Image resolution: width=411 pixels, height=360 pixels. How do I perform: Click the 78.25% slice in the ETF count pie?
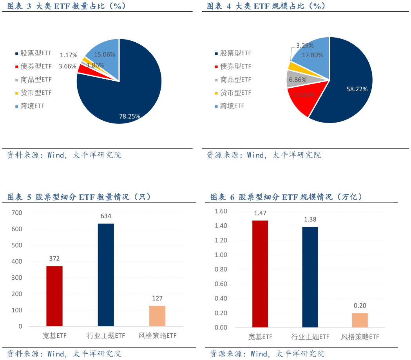(x=125, y=94)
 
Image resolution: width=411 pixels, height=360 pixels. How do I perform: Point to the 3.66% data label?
(x=67, y=66)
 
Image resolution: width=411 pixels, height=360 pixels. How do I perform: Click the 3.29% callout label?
(x=304, y=45)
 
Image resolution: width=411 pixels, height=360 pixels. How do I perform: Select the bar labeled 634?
(x=106, y=275)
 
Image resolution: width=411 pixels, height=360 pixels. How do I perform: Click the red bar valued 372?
(x=54, y=296)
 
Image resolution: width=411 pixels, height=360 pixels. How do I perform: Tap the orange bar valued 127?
(x=158, y=316)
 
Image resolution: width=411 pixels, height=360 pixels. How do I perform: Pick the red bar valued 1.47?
(x=260, y=274)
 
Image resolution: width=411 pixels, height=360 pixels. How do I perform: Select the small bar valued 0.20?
(x=360, y=320)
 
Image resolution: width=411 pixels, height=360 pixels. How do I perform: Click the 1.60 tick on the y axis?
(x=221, y=211)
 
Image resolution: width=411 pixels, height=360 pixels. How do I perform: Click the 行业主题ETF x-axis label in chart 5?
(x=106, y=336)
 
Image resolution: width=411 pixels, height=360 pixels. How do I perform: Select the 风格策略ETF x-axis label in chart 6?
(x=360, y=337)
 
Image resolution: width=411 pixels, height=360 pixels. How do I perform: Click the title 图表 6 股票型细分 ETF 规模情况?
(x=286, y=197)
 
